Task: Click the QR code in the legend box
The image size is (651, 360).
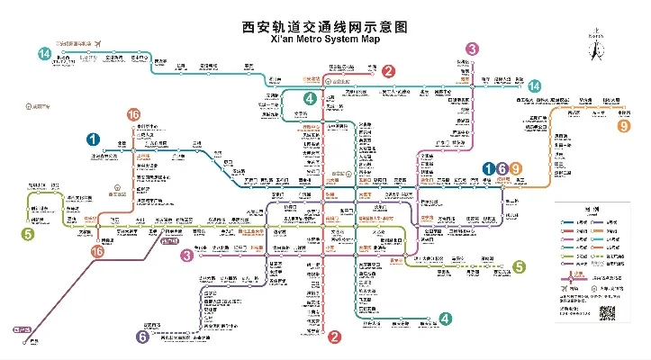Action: pyautogui.click(x=608, y=312)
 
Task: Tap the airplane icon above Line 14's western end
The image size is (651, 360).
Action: pyautogui.click(x=111, y=42)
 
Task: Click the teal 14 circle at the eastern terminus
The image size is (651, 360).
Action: pyautogui.click(x=535, y=85)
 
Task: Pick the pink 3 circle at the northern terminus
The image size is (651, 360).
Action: pyautogui.click(x=472, y=49)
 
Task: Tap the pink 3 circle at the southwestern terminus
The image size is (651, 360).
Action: pyautogui.click(x=187, y=256)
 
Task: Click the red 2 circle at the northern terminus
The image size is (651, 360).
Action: pyautogui.click(x=388, y=71)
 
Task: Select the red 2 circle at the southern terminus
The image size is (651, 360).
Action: pyautogui.click(x=334, y=337)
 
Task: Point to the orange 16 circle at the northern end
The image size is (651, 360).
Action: pyautogui.click(x=133, y=114)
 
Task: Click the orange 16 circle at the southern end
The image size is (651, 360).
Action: pyautogui.click(x=97, y=253)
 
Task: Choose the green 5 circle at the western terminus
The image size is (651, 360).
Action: pyautogui.click(x=28, y=234)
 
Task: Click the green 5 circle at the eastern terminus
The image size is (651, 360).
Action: pyautogui.click(x=519, y=265)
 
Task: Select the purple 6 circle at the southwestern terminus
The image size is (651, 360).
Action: pyautogui.click(x=142, y=337)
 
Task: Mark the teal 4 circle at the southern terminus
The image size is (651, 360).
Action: pyautogui.click(x=445, y=319)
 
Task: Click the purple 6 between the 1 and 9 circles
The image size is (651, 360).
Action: pyautogui.click(x=502, y=168)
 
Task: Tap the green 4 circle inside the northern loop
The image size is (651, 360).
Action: pyautogui.click(x=310, y=98)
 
